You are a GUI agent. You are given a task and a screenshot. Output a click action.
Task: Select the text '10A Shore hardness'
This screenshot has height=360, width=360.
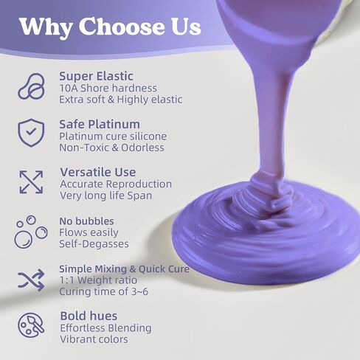tap(108, 88)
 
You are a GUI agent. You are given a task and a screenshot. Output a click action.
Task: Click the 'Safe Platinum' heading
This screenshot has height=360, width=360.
tap(100, 124)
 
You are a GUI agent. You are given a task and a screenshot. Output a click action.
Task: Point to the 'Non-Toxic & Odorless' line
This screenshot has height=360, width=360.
tap(111, 148)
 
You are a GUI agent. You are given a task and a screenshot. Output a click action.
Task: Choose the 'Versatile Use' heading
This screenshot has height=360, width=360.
tap(99, 172)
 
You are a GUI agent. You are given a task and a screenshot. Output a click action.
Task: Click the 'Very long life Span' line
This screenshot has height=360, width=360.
tap(107, 195)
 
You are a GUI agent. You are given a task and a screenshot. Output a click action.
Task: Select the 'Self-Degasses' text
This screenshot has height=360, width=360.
tap(94, 243)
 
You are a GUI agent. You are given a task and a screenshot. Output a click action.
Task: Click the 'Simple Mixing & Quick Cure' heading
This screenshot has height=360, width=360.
tap(125, 269)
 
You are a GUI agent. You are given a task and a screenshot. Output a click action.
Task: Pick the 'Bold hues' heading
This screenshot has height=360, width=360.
tap(87, 316)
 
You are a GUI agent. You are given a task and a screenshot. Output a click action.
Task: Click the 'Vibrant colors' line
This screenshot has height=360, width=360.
tap(94, 339)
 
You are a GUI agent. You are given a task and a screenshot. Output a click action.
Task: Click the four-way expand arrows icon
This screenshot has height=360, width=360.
tap(31, 181)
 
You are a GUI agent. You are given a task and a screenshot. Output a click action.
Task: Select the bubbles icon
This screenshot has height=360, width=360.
tap(30, 231)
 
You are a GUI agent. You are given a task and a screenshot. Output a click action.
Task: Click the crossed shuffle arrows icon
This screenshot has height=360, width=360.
tap(31, 280)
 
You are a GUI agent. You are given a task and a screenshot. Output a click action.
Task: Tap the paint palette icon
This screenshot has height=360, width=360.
tap(31, 327)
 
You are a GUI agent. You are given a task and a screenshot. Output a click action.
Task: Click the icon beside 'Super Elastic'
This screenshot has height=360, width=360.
tap(31, 86)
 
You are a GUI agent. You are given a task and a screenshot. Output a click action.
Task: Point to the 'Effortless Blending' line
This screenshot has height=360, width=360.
tap(106, 328)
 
